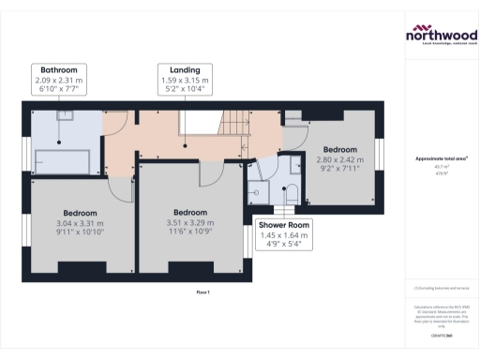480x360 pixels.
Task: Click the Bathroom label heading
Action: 58,69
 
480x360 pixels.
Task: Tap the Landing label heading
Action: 183,69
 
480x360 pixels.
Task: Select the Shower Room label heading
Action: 288,226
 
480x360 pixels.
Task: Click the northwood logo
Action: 441,36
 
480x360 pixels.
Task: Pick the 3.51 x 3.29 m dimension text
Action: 189,223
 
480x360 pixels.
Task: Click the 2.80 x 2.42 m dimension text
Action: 339,160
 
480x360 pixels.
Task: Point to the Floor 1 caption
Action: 202,293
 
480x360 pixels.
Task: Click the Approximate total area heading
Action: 441,159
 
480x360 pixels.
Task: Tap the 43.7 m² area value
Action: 441,167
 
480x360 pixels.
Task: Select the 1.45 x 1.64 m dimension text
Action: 288,238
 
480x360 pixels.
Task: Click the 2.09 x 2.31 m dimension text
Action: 58,81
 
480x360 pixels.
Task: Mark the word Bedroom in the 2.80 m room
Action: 339,149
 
